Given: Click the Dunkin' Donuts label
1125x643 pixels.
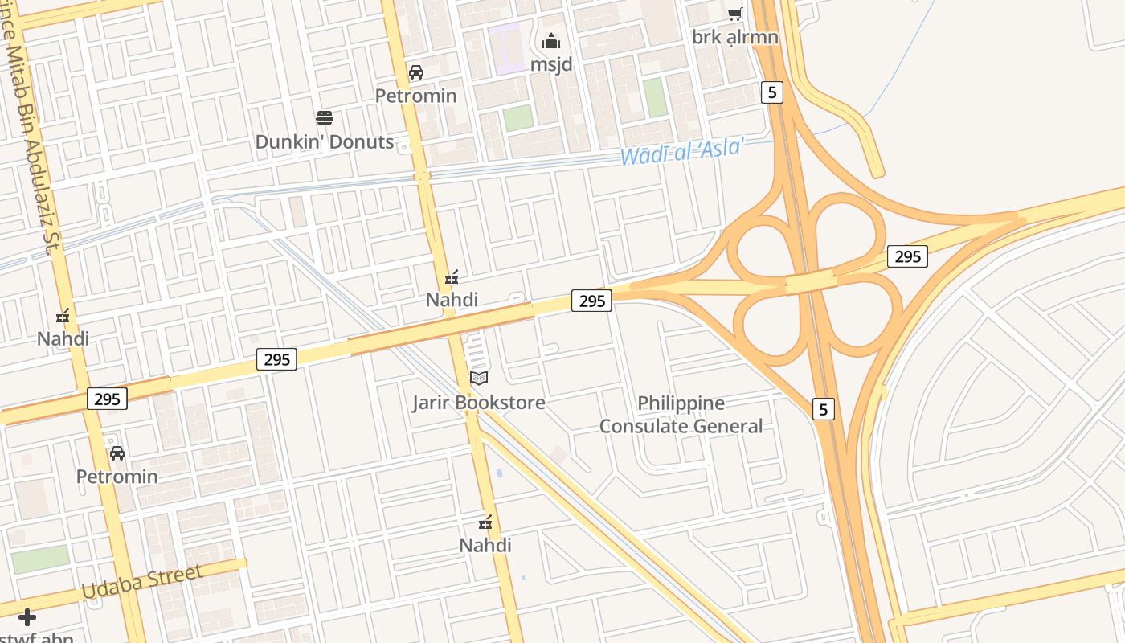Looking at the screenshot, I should point(325,142).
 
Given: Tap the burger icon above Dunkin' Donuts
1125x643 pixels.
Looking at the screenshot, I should point(325,119).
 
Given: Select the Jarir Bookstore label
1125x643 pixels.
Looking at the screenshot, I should point(479,402).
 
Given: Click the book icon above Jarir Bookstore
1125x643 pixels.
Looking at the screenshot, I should point(479,378).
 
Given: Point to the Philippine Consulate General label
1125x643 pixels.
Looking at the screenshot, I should point(681,415).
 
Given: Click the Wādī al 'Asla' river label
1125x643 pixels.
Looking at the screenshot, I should point(682,150).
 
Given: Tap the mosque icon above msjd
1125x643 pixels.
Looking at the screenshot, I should point(551,41).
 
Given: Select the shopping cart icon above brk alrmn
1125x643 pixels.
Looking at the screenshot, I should point(734,14).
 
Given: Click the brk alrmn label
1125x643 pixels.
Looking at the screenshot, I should point(735,37).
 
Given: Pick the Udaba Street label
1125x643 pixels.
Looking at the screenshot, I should point(142,581).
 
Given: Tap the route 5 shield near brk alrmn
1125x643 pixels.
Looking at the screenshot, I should point(772,92).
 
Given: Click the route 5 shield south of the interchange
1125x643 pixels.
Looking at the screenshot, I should point(822,409).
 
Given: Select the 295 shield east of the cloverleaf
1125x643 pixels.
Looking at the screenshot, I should point(907,256).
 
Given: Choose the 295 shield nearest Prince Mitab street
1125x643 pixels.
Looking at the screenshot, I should point(107,399).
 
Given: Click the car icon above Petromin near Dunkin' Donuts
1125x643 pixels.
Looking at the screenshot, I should point(416,72).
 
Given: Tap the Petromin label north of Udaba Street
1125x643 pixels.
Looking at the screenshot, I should point(117,476).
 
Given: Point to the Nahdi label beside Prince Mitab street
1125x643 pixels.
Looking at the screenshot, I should point(63,338).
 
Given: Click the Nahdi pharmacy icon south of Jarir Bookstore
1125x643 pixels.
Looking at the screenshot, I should point(485,523).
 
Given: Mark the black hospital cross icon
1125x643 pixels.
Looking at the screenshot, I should point(27,617).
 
